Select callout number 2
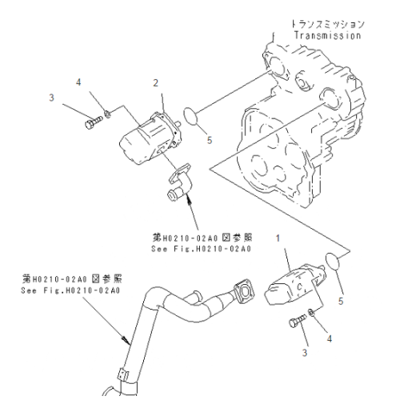[x=157, y=82]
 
